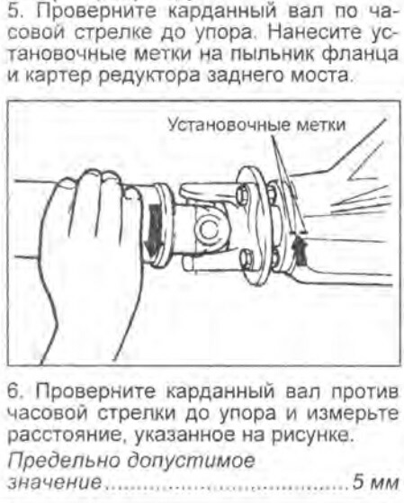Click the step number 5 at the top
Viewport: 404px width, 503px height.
tap(14, 11)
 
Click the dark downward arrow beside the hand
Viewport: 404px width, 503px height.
tap(156, 230)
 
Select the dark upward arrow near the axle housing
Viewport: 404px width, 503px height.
tap(300, 250)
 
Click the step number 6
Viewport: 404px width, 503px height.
tap(15, 391)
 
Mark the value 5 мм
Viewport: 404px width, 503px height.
tap(375, 482)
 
